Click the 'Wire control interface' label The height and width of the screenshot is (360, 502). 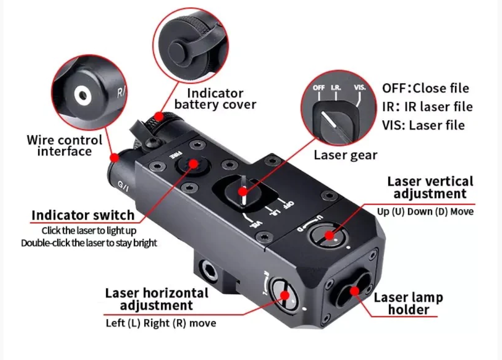(x=65, y=146)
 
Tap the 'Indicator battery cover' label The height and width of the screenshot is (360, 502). (x=215, y=99)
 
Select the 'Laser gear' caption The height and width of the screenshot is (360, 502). (x=345, y=155)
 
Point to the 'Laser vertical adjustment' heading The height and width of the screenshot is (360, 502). (x=430, y=187)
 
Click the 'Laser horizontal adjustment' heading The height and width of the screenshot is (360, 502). (x=157, y=299)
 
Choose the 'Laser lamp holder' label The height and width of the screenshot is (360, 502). (x=408, y=304)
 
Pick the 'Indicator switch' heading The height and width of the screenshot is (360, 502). (x=83, y=215)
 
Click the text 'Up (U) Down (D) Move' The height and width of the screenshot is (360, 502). (x=425, y=212)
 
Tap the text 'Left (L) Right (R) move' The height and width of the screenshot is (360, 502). (x=161, y=323)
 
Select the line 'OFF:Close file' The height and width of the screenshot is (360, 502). (x=425, y=89)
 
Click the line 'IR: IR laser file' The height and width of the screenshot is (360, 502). (x=427, y=107)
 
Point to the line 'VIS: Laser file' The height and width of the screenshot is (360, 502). (x=423, y=125)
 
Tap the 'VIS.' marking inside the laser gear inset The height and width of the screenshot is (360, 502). (x=360, y=87)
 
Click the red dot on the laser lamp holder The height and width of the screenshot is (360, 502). (x=354, y=290)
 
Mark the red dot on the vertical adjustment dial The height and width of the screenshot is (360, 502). (x=330, y=235)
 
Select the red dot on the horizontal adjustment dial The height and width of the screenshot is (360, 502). (x=285, y=295)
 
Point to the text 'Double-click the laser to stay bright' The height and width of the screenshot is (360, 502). (x=89, y=243)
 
